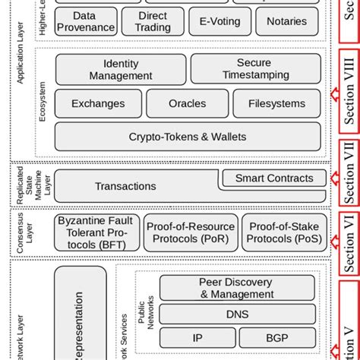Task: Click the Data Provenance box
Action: [x=87, y=21]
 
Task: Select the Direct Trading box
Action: [x=153, y=21]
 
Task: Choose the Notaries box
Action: [x=286, y=21]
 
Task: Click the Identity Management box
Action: [x=120, y=69]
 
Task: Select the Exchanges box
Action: [x=98, y=103]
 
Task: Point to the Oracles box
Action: [x=186, y=103]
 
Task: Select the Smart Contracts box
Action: [x=273, y=178]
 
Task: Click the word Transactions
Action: [x=125, y=186]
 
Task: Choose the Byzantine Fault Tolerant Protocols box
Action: [x=97, y=232]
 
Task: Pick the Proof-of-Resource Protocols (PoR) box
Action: [x=191, y=232]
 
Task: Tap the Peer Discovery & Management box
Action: [x=236, y=288]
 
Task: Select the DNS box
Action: [x=236, y=313]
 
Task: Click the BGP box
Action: [x=277, y=338]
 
